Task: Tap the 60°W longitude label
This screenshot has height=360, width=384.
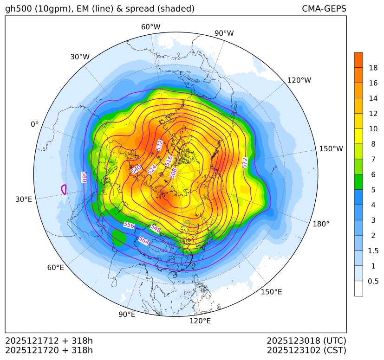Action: click(x=150, y=27)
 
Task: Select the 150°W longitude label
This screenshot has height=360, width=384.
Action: click(x=331, y=149)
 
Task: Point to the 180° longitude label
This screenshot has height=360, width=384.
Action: click(x=321, y=224)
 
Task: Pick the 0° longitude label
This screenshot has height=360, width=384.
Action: click(x=35, y=124)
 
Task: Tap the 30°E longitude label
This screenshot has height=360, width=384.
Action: click(x=24, y=199)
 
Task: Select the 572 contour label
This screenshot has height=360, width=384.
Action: click(x=245, y=163)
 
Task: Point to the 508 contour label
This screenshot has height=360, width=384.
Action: click(x=174, y=173)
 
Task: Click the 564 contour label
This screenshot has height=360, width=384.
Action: click(x=144, y=241)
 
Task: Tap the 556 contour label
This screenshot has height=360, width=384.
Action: click(x=129, y=225)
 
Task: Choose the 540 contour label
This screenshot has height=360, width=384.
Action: click(x=136, y=170)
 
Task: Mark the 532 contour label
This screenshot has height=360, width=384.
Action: click(x=159, y=145)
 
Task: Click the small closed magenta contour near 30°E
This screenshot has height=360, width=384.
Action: click(x=64, y=189)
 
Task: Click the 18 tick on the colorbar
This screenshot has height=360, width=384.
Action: click(x=373, y=68)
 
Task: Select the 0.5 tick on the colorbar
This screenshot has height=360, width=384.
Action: click(x=373, y=281)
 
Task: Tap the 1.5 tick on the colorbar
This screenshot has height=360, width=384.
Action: click(x=373, y=251)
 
